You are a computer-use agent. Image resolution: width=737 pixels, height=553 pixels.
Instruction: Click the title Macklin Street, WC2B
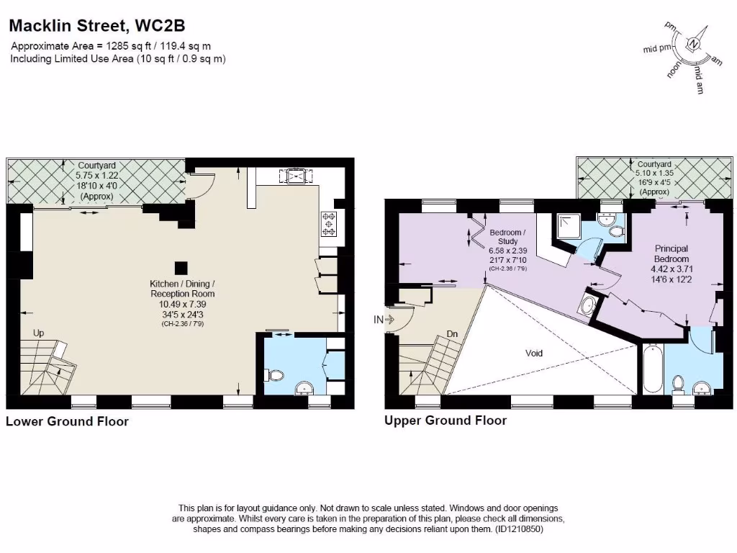point(97,26)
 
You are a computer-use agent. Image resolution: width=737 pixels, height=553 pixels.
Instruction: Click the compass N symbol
point(693,44)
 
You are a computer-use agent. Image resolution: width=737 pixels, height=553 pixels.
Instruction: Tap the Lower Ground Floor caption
point(67,421)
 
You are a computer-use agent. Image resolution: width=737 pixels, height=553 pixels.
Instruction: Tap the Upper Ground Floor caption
point(446,421)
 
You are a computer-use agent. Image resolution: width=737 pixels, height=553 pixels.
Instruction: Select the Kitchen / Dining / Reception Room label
point(182,289)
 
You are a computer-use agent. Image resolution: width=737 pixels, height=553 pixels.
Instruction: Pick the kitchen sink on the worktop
point(296,176)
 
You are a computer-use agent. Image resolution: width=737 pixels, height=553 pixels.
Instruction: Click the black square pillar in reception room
point(182,266)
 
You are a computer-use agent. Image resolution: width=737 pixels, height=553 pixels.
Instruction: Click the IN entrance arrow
point(384,319)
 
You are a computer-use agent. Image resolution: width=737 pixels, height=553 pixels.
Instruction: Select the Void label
point(534,353)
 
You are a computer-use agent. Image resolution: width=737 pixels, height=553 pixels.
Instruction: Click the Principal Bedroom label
point(671,253)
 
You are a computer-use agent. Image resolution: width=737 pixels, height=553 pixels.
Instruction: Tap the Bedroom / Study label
point(507,237)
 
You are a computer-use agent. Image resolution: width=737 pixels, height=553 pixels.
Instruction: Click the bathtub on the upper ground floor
point(651,369)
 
